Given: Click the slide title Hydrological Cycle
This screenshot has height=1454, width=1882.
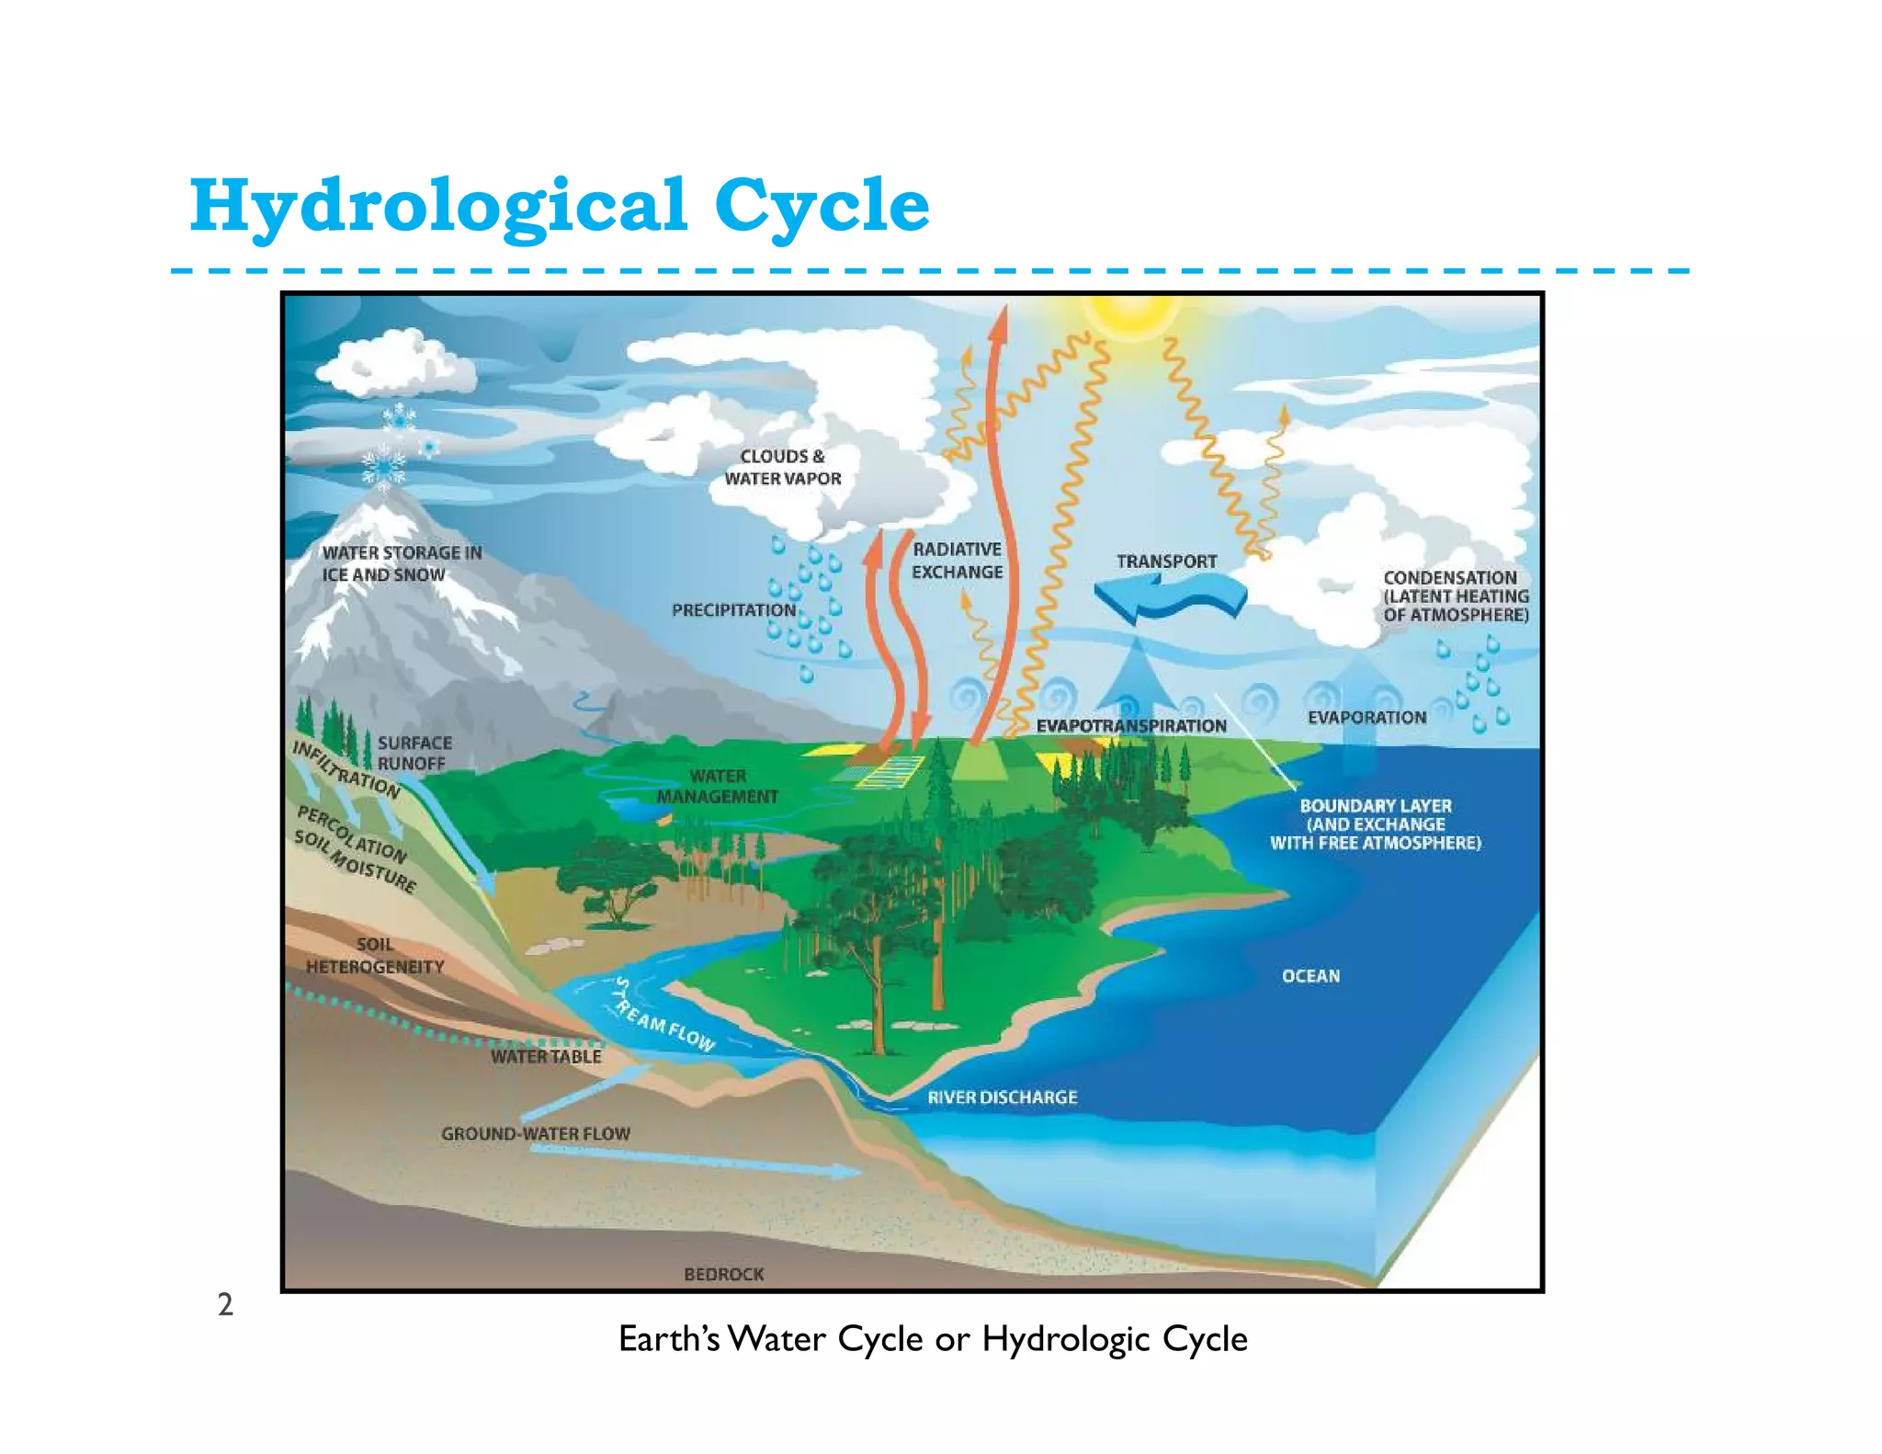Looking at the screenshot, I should point(559,206).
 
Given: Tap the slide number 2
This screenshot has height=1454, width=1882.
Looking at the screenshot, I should point(225,1304).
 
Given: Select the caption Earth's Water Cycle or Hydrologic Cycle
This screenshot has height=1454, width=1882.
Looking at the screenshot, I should point(933,1339).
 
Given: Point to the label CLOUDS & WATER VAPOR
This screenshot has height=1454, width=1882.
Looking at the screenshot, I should point(783,467).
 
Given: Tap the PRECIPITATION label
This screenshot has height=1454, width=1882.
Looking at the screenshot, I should point(733,610).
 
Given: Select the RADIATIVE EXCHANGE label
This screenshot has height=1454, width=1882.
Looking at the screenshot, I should point(957,561).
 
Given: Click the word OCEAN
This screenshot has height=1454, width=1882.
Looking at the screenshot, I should point(1310,976).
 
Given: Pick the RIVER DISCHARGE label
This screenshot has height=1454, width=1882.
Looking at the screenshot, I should point(1002,1097).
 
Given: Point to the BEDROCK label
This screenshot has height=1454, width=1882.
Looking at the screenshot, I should point(724,1274).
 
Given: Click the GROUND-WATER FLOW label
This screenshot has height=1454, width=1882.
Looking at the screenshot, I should point(536,1134).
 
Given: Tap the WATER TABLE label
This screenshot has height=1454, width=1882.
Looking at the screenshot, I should point(546,1057).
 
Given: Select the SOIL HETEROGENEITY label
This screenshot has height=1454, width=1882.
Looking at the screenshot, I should point(375,956).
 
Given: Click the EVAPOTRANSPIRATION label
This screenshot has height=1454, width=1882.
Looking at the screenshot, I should point(1131,726).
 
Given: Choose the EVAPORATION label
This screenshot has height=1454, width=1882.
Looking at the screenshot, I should point(1366,718).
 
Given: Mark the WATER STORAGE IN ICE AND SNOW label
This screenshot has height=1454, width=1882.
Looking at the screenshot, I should point(402,563).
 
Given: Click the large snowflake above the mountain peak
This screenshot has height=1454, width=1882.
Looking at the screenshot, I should point(383,466).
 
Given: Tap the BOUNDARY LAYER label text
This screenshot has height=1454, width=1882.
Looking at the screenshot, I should point(1376,824).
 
